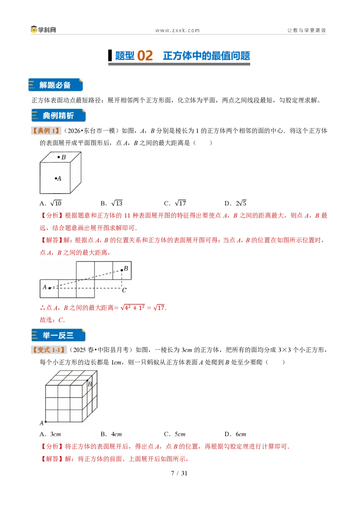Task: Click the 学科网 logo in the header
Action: (x=43, y=30)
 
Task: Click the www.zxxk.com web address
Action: (x=177, y=30)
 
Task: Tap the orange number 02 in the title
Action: (x=145, y=55)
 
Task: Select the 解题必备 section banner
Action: (x=55, y=85)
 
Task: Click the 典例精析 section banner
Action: (x=58, y=116)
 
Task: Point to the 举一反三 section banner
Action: (x=58, y=335)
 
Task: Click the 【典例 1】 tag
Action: (x=46, y=131)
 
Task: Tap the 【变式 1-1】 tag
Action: (x=49, y=350)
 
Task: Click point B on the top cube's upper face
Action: (x=59, y=157)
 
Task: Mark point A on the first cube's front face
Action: (x=56, y=178)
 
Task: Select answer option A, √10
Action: (x=50, y=203)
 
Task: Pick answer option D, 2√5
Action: (x=235, y=203)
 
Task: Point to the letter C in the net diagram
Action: (x=124, y=290)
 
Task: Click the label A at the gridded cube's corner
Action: (x=41, y=423)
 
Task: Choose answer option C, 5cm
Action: (x=175, y=434)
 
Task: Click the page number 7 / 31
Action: (x=180, y=473)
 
